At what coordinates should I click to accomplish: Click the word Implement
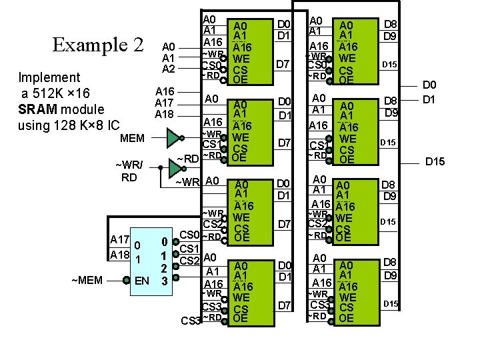[49, 77]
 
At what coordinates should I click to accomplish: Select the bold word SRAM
[39, 109]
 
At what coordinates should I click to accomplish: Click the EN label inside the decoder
[141, 281]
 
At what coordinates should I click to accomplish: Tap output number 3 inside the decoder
[164, 281]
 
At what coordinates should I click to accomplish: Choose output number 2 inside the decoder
[164, 268]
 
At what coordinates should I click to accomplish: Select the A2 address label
[169, 69]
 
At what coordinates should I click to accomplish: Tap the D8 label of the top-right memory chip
[390, 25]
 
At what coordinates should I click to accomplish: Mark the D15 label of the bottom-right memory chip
[390, 304]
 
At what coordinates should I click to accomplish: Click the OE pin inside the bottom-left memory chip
[241, 319]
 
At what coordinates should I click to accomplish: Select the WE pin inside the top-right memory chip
[346, 59]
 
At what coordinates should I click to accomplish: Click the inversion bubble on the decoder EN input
[124, 281]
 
